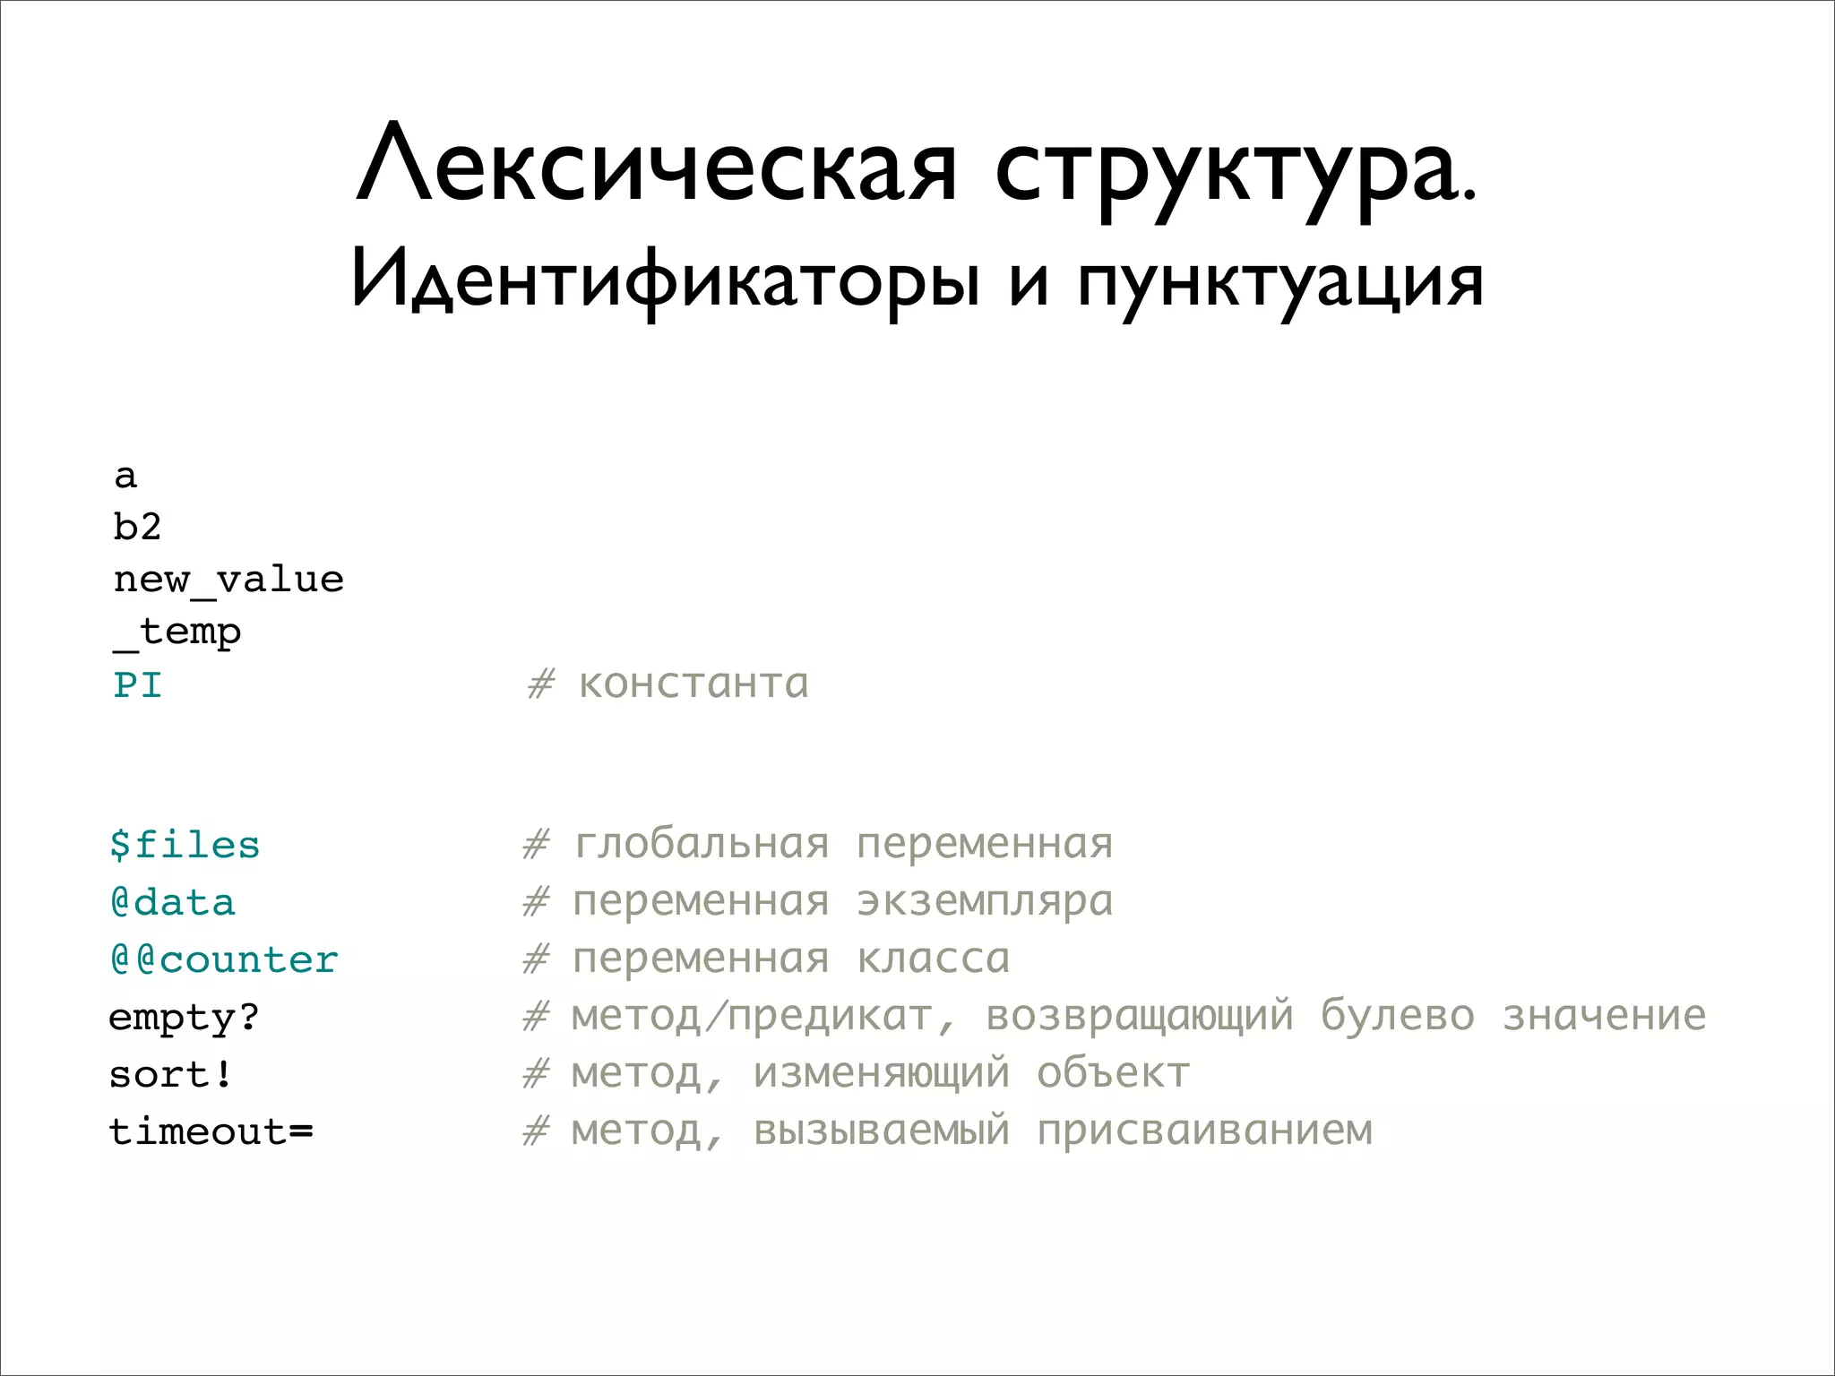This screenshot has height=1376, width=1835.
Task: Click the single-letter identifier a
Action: pyautogui.click(x=125, y=476)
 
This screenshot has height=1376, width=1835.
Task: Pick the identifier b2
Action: pyautogui.click(x=137, y=527)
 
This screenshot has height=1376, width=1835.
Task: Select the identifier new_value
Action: pyautogui.click(x=228, y=580)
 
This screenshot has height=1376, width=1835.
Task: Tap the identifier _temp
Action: pyautogui.click(x=177, y=632)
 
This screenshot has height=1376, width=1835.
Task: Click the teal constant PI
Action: pyautogui.click(x=137, y=685)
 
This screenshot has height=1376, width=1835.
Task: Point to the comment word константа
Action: pyautogui.click(x=694, y=684)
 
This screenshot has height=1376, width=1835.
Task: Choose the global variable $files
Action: pyautogui.click(x=185, y=845)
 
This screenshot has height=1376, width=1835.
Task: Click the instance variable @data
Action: pyautogui.click(x=172, y=902)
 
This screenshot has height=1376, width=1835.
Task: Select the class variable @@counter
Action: pyautogui.click(x=224, y=959)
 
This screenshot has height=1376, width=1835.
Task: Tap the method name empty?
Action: pyautogui.click(x=184, y=1018)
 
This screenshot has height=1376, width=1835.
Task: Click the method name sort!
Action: pyautogui.click(x=170, y=1074)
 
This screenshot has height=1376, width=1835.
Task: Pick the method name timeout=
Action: pyautogui.click(x=211, y=1131)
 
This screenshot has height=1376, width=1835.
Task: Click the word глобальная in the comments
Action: pyautogui.click(x=702, y=844)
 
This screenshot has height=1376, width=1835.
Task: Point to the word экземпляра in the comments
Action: pyautogui.click(x=985, y=902)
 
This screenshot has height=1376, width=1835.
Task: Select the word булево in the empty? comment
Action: pyautogui.click(x=1397, y=1016)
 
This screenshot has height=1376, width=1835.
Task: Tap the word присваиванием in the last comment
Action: pyautogui.click(x=1204, y=1131)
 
